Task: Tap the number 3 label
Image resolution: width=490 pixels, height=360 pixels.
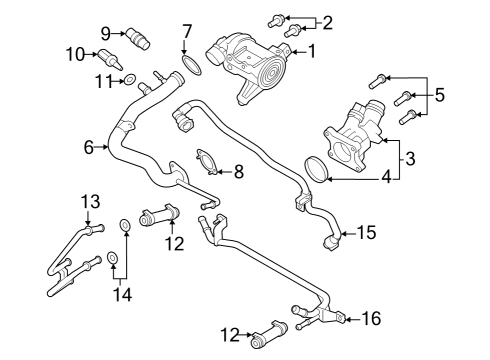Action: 410,157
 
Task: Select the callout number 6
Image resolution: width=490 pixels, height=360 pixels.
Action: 89,147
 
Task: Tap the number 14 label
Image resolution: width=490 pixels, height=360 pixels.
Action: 121,295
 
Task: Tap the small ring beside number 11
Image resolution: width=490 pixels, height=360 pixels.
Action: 130,78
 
